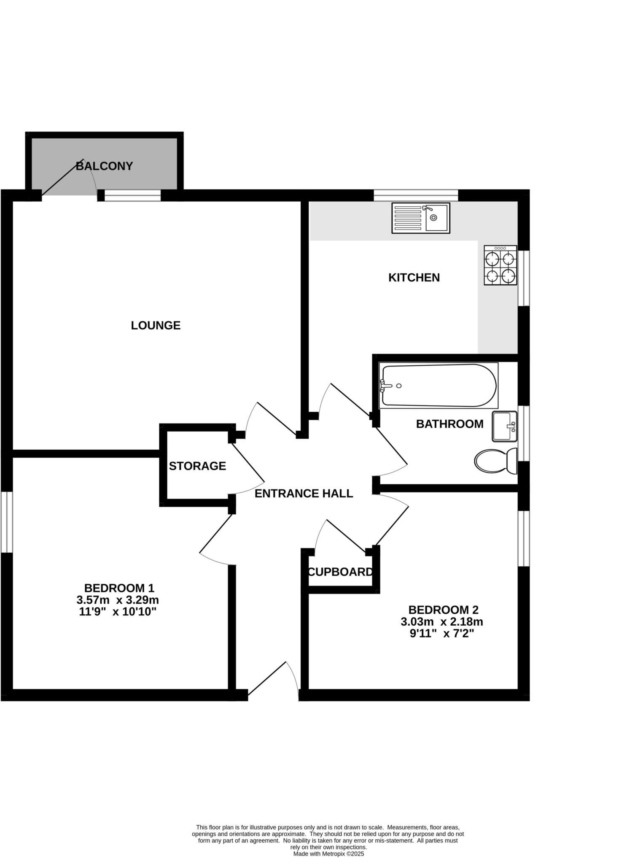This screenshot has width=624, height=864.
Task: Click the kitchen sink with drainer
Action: pyautogui.click(x=420, y=218)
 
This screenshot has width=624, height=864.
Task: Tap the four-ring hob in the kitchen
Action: pyautogui.click(x=500, y=265)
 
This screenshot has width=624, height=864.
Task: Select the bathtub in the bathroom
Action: pyautogui.click(x=438, y=385)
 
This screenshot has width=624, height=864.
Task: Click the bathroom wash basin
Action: pyautogui.click(x=504, y=427)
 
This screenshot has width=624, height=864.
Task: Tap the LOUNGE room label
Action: pyautogui.click(x=156, y=325)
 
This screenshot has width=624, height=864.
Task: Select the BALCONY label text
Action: pyautogui.click(x=104, y=166)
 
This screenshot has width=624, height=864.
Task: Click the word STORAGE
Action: pyautogui.click(x=197, y=466)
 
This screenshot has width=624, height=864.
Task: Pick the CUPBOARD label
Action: pyautogui.click(x=340, y=572)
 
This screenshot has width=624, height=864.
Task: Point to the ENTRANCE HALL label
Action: pyautogui.click(x=304, y=493)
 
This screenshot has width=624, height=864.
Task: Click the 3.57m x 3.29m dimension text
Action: pyautogui.click(x=118, y=599)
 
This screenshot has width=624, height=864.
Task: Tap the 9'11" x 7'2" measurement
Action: pyautogui.click(x=442, y=633)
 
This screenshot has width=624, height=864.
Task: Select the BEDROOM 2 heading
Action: pyautogui.click(x=443, y=610)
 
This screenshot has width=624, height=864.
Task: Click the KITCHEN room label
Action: pyautogui.click(x=414, y=278)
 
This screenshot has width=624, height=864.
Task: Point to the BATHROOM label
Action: pyautogui.click(x=449, y=424)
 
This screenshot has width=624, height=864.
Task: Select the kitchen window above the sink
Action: pyautogui.click(x=415, y=195)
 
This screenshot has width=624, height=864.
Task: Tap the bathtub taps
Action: pyautogui.click(x=385, y=385)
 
